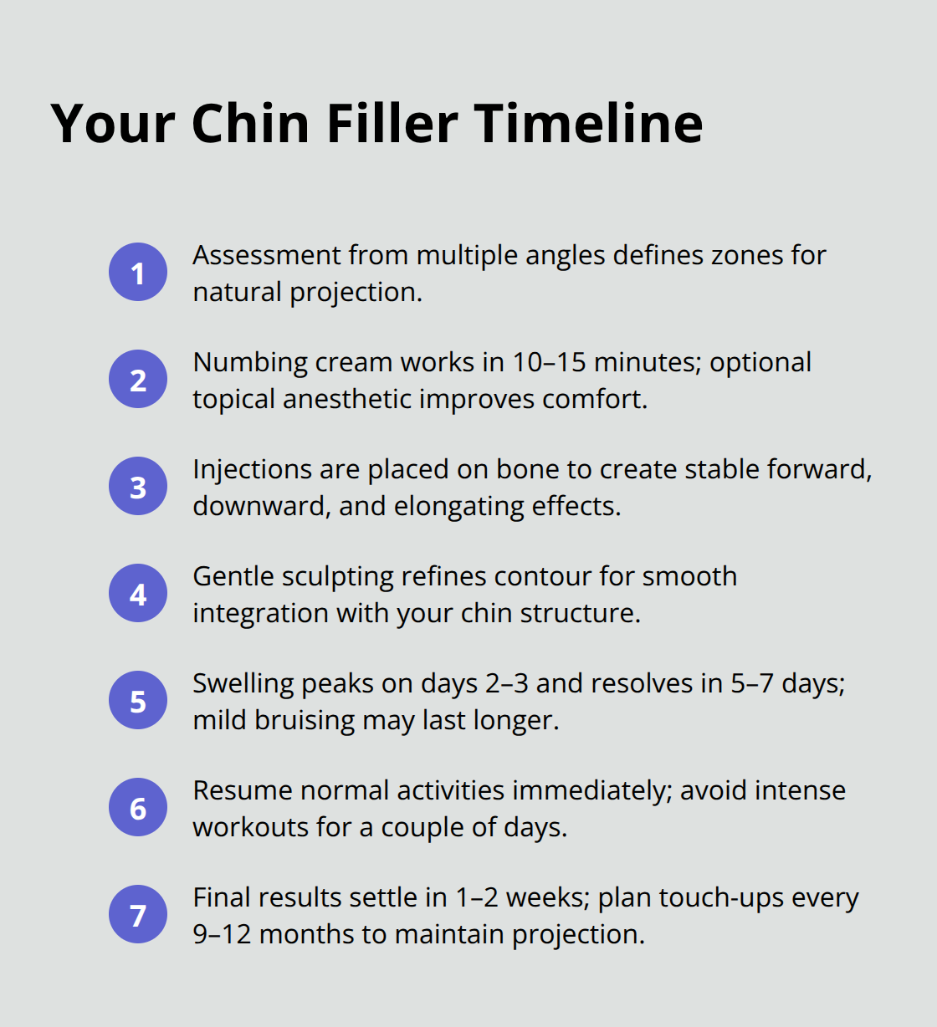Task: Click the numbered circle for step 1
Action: (138, 273)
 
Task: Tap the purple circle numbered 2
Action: (138, 380)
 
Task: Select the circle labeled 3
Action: (138, 487)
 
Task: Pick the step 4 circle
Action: (138, 594)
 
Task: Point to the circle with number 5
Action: (138, 701)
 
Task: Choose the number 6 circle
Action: (138, 808)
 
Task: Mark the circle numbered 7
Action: (138, 915)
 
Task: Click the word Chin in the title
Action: (251, 124)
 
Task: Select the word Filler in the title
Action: (392, 124)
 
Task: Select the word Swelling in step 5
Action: (243, 683)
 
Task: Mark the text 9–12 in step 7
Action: (222, 934)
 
